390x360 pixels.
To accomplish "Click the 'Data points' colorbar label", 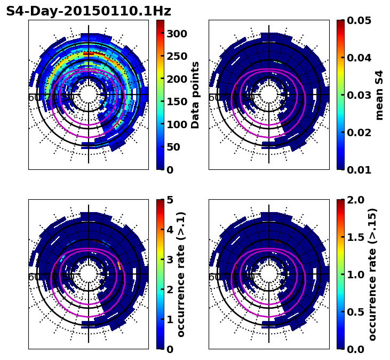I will (195, 95).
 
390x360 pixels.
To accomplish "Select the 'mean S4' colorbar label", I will (379, 95).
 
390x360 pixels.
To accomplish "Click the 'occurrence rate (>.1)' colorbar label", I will (181, 274).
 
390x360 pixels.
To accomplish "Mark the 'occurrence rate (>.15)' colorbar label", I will (372, 274).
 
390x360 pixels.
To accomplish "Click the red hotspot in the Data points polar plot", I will (89, 54).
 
